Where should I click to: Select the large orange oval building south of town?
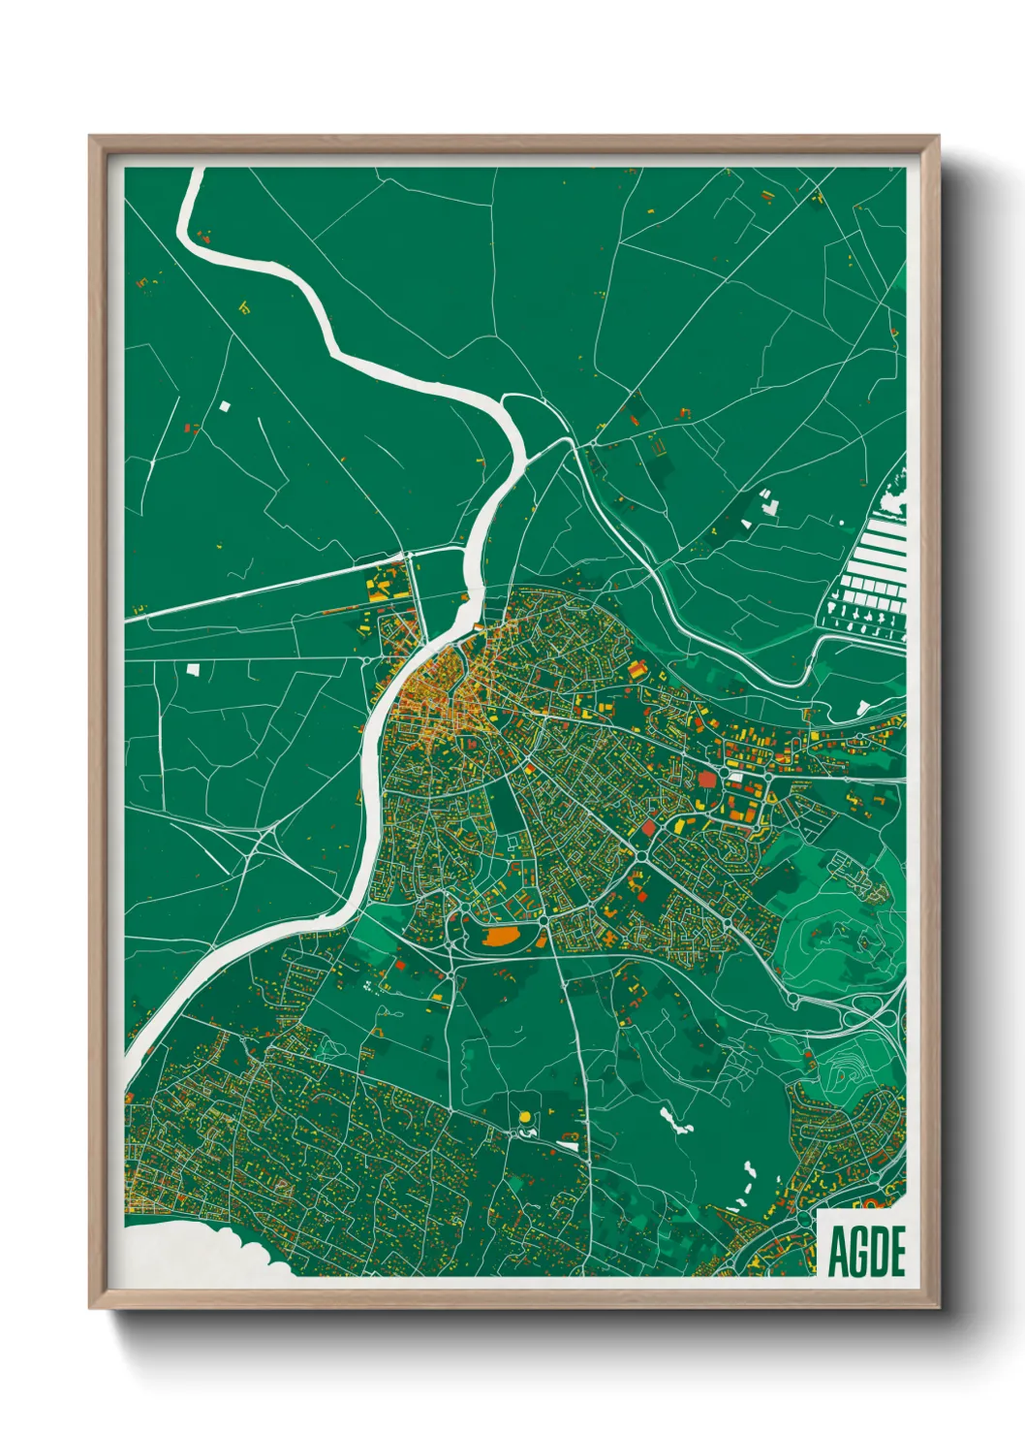tap(502, 937)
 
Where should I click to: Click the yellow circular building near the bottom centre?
tap(524, 1118)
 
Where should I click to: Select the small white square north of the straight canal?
tap(226, 407)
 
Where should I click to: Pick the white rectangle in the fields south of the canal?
tap(193, 668)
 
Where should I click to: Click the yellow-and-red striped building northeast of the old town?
tap(637, 670)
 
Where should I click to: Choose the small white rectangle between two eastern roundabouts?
tap(737, 777)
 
